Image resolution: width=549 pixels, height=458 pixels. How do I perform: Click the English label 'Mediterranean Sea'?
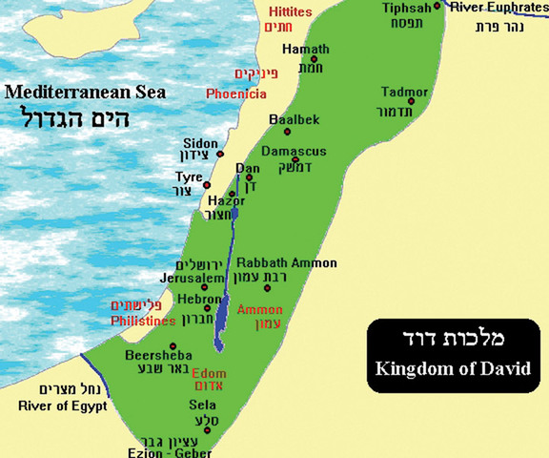point(84,93)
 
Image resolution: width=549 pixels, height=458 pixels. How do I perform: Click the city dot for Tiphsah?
point(438,6)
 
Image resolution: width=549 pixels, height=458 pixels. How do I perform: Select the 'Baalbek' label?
point(291,118)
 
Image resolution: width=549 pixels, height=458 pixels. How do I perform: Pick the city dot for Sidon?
point(220,153)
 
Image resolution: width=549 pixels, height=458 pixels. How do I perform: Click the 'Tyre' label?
point(188,177)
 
